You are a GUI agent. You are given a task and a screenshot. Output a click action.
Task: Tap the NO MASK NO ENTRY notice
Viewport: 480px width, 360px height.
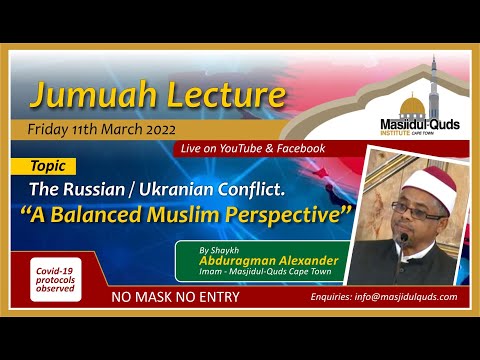[x=172, y=297]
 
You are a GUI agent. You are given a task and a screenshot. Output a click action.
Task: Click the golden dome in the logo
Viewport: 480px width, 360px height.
[x=411, y=103]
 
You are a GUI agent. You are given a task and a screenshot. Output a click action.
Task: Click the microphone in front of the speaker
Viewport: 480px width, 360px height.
[x=402, y=240]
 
